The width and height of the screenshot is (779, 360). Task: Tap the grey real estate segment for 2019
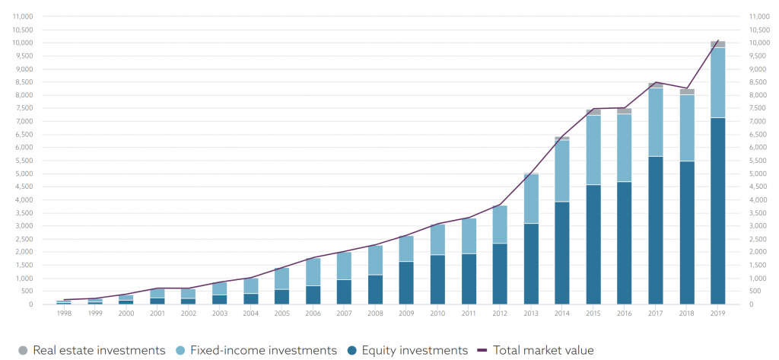click(717, 44)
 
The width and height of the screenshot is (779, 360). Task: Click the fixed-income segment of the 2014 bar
click(561, 171)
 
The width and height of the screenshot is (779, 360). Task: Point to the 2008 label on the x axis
click(375, 313)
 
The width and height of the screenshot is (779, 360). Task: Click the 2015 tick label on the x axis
click(593, 313)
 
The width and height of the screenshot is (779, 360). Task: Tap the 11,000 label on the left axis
click(24, 16)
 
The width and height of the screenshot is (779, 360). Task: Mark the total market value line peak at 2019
click(718, 40)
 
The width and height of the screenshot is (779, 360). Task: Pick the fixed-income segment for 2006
click(313, 272)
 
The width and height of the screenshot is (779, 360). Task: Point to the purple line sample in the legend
click(482, 350)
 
